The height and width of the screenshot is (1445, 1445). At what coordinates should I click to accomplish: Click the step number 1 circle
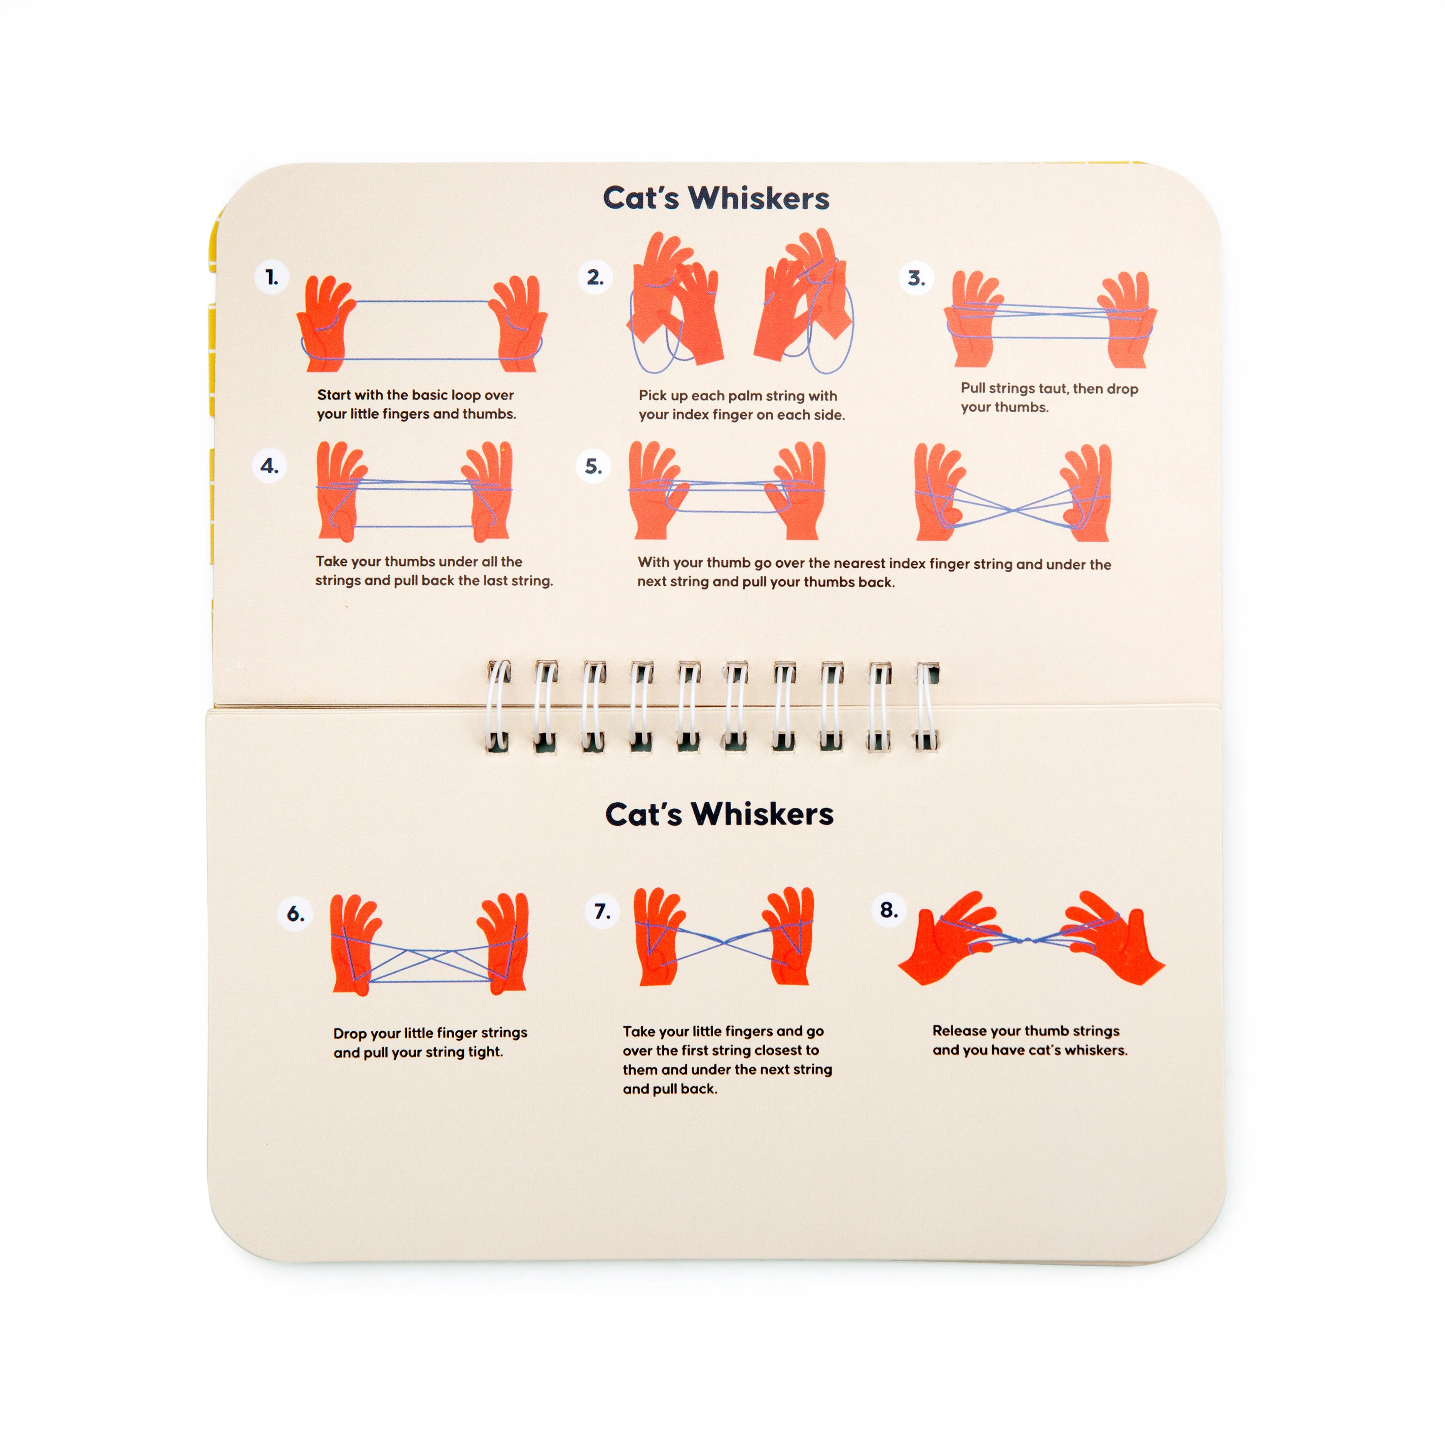(272, 277)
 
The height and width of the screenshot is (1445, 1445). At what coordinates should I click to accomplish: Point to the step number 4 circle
(269, 466)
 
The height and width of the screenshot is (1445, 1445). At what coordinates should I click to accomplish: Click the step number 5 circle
(593, 467)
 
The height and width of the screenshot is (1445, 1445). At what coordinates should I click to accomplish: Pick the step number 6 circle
(296, 913)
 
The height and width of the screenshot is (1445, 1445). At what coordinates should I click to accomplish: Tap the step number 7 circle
(602, 911)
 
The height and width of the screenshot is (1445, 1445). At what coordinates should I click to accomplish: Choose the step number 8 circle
(889, 909)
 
